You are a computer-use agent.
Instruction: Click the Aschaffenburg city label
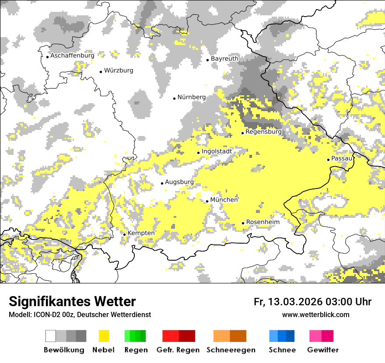point(72,56)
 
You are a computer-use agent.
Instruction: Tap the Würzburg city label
point(119,71)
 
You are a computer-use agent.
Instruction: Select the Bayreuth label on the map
point(224,59)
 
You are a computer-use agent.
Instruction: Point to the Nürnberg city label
point(191,97)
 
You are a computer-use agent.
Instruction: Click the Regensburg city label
point(263,132)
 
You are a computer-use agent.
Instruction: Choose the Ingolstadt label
point(217,151)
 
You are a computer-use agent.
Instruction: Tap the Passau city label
point(342,158)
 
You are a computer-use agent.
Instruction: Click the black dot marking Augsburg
point(162,183)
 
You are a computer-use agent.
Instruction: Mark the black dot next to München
point(207,201)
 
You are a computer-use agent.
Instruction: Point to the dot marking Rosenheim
point(243,223)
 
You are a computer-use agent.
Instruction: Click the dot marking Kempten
point(125,234)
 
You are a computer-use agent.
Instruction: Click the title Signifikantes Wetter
point(72,302)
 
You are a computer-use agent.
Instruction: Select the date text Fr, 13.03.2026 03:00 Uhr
point(312,302)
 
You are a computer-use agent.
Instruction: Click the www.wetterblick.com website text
point(315,315)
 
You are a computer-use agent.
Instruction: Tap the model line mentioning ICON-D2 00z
point(80,315)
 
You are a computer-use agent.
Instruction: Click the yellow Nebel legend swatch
point(104,336)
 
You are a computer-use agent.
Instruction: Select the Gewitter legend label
point(322,350)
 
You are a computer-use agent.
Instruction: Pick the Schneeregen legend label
point(231,350)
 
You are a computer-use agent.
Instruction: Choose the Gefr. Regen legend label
point(178,350)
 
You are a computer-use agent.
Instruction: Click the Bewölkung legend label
point(64,350)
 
